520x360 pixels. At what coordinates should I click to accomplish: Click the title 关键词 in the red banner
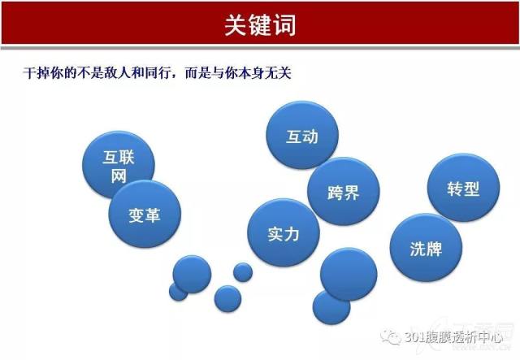260,25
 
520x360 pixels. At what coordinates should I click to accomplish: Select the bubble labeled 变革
145,214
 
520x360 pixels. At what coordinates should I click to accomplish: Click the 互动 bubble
302,135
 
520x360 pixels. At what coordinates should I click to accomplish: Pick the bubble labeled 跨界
343,192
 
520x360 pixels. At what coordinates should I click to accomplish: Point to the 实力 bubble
284,232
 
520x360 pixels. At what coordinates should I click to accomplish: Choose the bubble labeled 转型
463,188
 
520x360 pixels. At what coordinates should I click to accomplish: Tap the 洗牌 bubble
426,248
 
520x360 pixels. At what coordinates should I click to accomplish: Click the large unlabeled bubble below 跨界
349,274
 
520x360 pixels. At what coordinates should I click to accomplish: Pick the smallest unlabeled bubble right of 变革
243,272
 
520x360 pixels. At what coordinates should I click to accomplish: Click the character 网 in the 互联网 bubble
119,176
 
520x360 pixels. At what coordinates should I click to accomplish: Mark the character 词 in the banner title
284,25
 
